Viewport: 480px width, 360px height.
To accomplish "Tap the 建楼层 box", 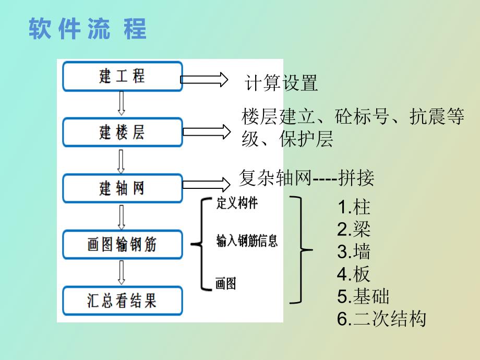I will click(123, 133).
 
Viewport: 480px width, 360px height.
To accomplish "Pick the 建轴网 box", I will click(123, 188).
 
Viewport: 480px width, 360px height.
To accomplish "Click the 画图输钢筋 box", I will click(123, 244).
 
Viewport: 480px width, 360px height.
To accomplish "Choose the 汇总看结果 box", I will click(123, 301).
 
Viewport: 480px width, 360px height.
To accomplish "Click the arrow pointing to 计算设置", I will click(204, 79).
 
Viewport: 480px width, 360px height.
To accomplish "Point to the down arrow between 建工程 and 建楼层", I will click(122, 103).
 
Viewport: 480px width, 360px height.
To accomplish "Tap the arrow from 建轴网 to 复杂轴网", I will click(206, 183).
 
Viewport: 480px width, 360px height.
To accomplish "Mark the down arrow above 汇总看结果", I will click(122, 272).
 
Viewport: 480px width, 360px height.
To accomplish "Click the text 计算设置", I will click(281, 83).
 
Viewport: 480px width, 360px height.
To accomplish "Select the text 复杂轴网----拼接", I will click(306, 178).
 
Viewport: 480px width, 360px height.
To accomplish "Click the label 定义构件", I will click(237, 203).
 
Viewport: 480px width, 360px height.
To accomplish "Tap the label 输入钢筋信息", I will click(247, 241).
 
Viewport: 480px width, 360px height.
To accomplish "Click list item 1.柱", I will click(354, 207).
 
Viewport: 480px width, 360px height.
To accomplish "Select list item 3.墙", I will click(354, 252).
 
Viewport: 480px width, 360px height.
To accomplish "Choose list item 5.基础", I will click(363, 296).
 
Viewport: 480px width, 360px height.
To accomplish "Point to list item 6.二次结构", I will click(381, 319).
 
